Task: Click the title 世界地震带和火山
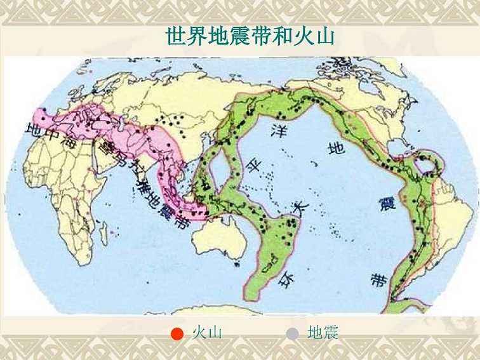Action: [250, 36]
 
